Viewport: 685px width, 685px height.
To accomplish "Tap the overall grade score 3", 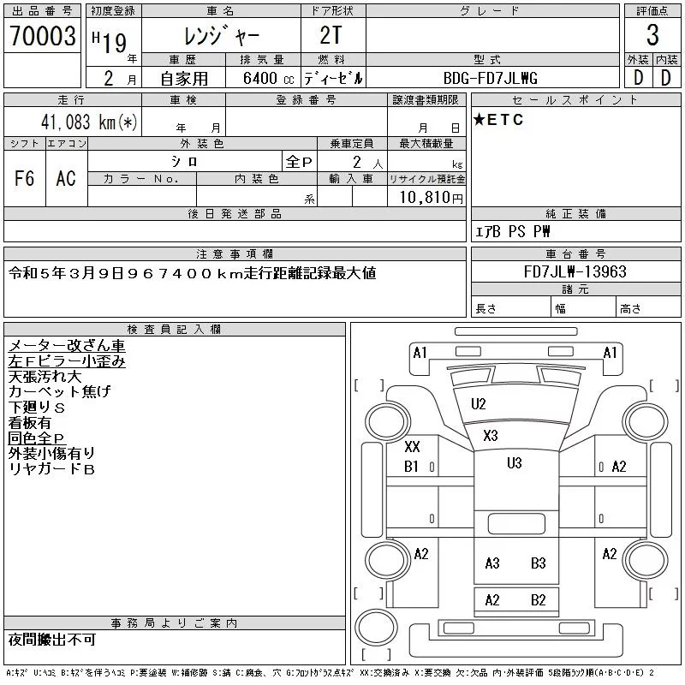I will pyautogui.click(x=652, y=36).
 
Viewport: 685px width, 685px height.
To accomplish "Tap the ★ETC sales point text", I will pyautogui.click(x=498, y=120).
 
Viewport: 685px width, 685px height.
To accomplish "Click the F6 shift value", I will pyautogui.click(x=25, y=178).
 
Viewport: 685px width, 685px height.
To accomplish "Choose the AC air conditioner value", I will pyautogui.click(x=66, y=178).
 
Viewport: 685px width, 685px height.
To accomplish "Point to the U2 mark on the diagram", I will pyautogui.click(x=478, y=404).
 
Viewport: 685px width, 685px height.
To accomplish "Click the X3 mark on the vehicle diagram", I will pyautogui.click(x=490, y=436).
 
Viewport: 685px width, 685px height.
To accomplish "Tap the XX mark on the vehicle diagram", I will pyautogui.click(x=412, y=447).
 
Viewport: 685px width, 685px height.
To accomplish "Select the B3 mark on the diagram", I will pyautogui.click(x=538, y=563).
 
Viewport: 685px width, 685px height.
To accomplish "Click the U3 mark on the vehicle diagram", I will pyautogui.click(x=514, y=463).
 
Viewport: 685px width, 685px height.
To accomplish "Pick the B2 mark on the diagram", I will pyautogui.click(x=538, y=600).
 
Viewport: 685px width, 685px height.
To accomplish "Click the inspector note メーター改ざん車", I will pyautogui.click(x=67, y=346).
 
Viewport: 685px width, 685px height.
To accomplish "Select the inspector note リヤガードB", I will pyautogui.click(x=51, y=469).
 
